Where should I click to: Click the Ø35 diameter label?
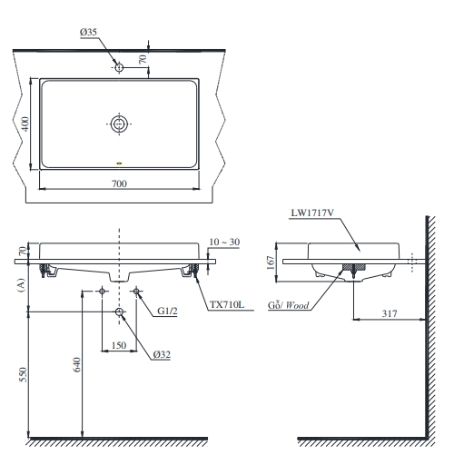pyautogui.click(x=88, y=33)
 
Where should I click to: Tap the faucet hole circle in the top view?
pyautogui.click(x=119, y=66)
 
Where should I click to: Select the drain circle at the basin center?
pyautogui.click(x=119, y=124)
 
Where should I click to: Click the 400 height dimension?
pyautogui.click(x=26, y=124)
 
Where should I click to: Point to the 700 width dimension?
pyautogui.click(x=119, y=183)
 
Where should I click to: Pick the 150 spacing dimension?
pyautogui.click(x=118, y=345)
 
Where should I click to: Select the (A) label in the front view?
pyautogui.click(x=19, y=284)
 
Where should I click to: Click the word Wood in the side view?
pyautogui.click(x=297, y=306)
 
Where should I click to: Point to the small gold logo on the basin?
pyautogui.click(x=119, y=163)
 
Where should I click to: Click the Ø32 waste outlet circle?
pyautogui.click(x=119, y=312)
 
